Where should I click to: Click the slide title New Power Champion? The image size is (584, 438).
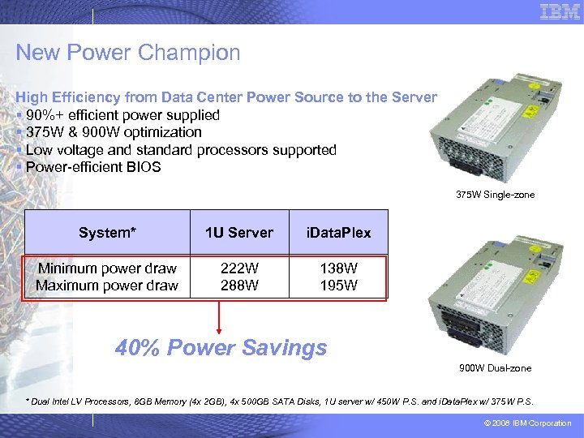click(x=128, y=54)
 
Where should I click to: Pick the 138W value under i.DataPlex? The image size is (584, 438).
click(x=338, y=268)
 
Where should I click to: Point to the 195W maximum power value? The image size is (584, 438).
click(x=338, y=286)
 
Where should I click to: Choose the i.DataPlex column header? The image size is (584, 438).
click(x=338, y=233)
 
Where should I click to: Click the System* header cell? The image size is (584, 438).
click(x=107, y=233)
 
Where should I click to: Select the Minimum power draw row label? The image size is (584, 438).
click(x=107, y=268)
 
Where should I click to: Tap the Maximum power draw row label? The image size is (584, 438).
click(x=107, y=286)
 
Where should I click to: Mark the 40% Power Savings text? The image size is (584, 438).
click(x=221, y=348)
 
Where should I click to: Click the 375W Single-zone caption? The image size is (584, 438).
click(x=496, y=195)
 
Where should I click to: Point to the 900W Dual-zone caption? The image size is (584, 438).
click(x=496, y=368)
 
